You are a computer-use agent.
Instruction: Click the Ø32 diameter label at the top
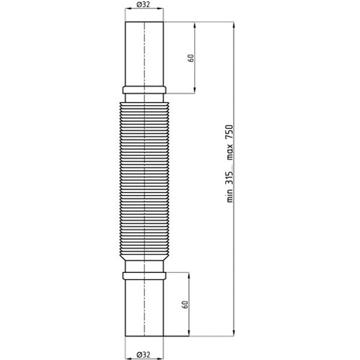[x=143, y=5]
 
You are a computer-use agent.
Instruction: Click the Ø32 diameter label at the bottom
[x=143, y=355]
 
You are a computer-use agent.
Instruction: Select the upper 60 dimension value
[x=191, y=58]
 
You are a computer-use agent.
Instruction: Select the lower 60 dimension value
[x=185, y=304]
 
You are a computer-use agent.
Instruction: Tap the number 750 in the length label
[x=229, y=132]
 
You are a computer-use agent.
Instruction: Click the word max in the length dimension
[x=229, y=152]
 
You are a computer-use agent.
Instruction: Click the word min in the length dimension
[x=229, y=196]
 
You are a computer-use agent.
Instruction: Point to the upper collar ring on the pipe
[x=144, y=90]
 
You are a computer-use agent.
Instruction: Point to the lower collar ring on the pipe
[x=144, y=276]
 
